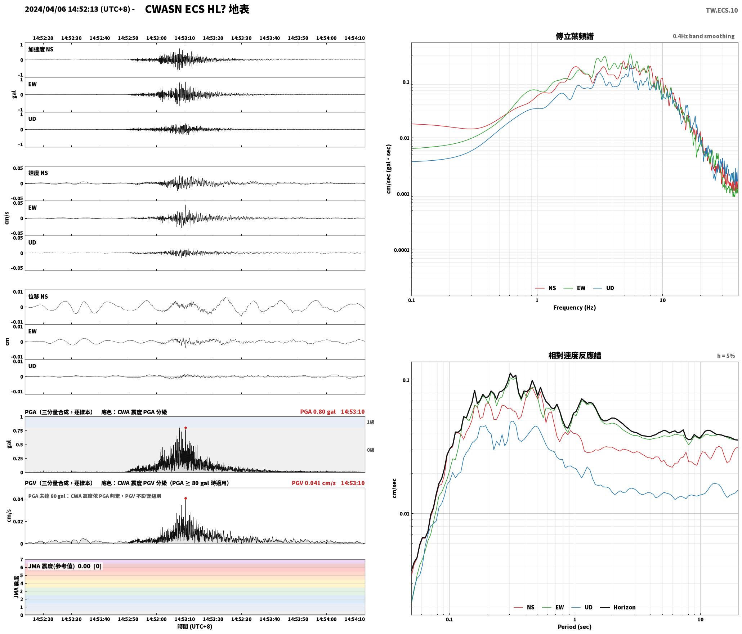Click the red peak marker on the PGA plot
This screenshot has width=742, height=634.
tap(185, 428)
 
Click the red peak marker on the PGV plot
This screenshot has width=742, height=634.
tap(185, 499)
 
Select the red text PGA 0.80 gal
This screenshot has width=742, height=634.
tap(318, 412)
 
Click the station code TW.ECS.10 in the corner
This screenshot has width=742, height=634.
tap(721, 10)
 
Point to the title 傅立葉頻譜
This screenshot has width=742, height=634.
tap(575, 36)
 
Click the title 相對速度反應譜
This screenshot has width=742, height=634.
tap(575, 356)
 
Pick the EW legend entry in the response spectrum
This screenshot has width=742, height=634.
tap(553, 607)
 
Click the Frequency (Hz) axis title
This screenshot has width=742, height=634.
tap(575, 308)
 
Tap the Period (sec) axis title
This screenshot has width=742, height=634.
tap(575, 627)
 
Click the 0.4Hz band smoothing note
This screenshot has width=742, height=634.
tap(703, 36)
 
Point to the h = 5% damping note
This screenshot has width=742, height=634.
tap(726, 356)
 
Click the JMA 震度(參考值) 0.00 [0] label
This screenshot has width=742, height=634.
tap(65, 566)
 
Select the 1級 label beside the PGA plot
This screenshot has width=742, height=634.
tap(371, 422)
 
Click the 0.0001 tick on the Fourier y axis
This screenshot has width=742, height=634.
tap(401, 250)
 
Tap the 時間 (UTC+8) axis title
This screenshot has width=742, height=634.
tap(195, 626)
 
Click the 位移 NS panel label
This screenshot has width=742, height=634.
tap(38, 296)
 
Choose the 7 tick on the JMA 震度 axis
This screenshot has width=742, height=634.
tap(22, 560)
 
